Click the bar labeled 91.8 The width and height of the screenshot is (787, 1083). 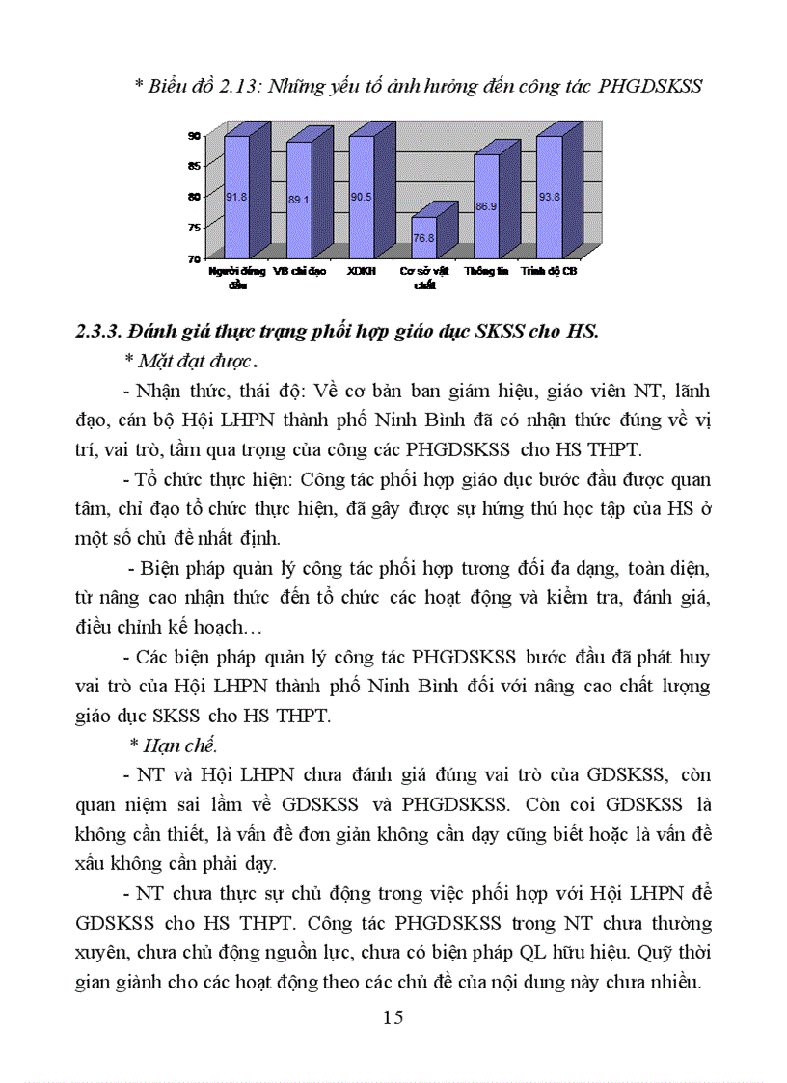coord(236,198)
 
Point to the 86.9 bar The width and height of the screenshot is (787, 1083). coord(486,206)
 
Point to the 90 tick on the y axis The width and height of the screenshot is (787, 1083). coord(193,136)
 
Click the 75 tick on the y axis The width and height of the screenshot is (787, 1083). coord(193,228)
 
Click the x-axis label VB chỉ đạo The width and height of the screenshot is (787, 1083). coord(300,272)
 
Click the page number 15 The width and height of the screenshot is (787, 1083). coord(393,1017)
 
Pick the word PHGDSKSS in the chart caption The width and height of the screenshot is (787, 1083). coord(650,86)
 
